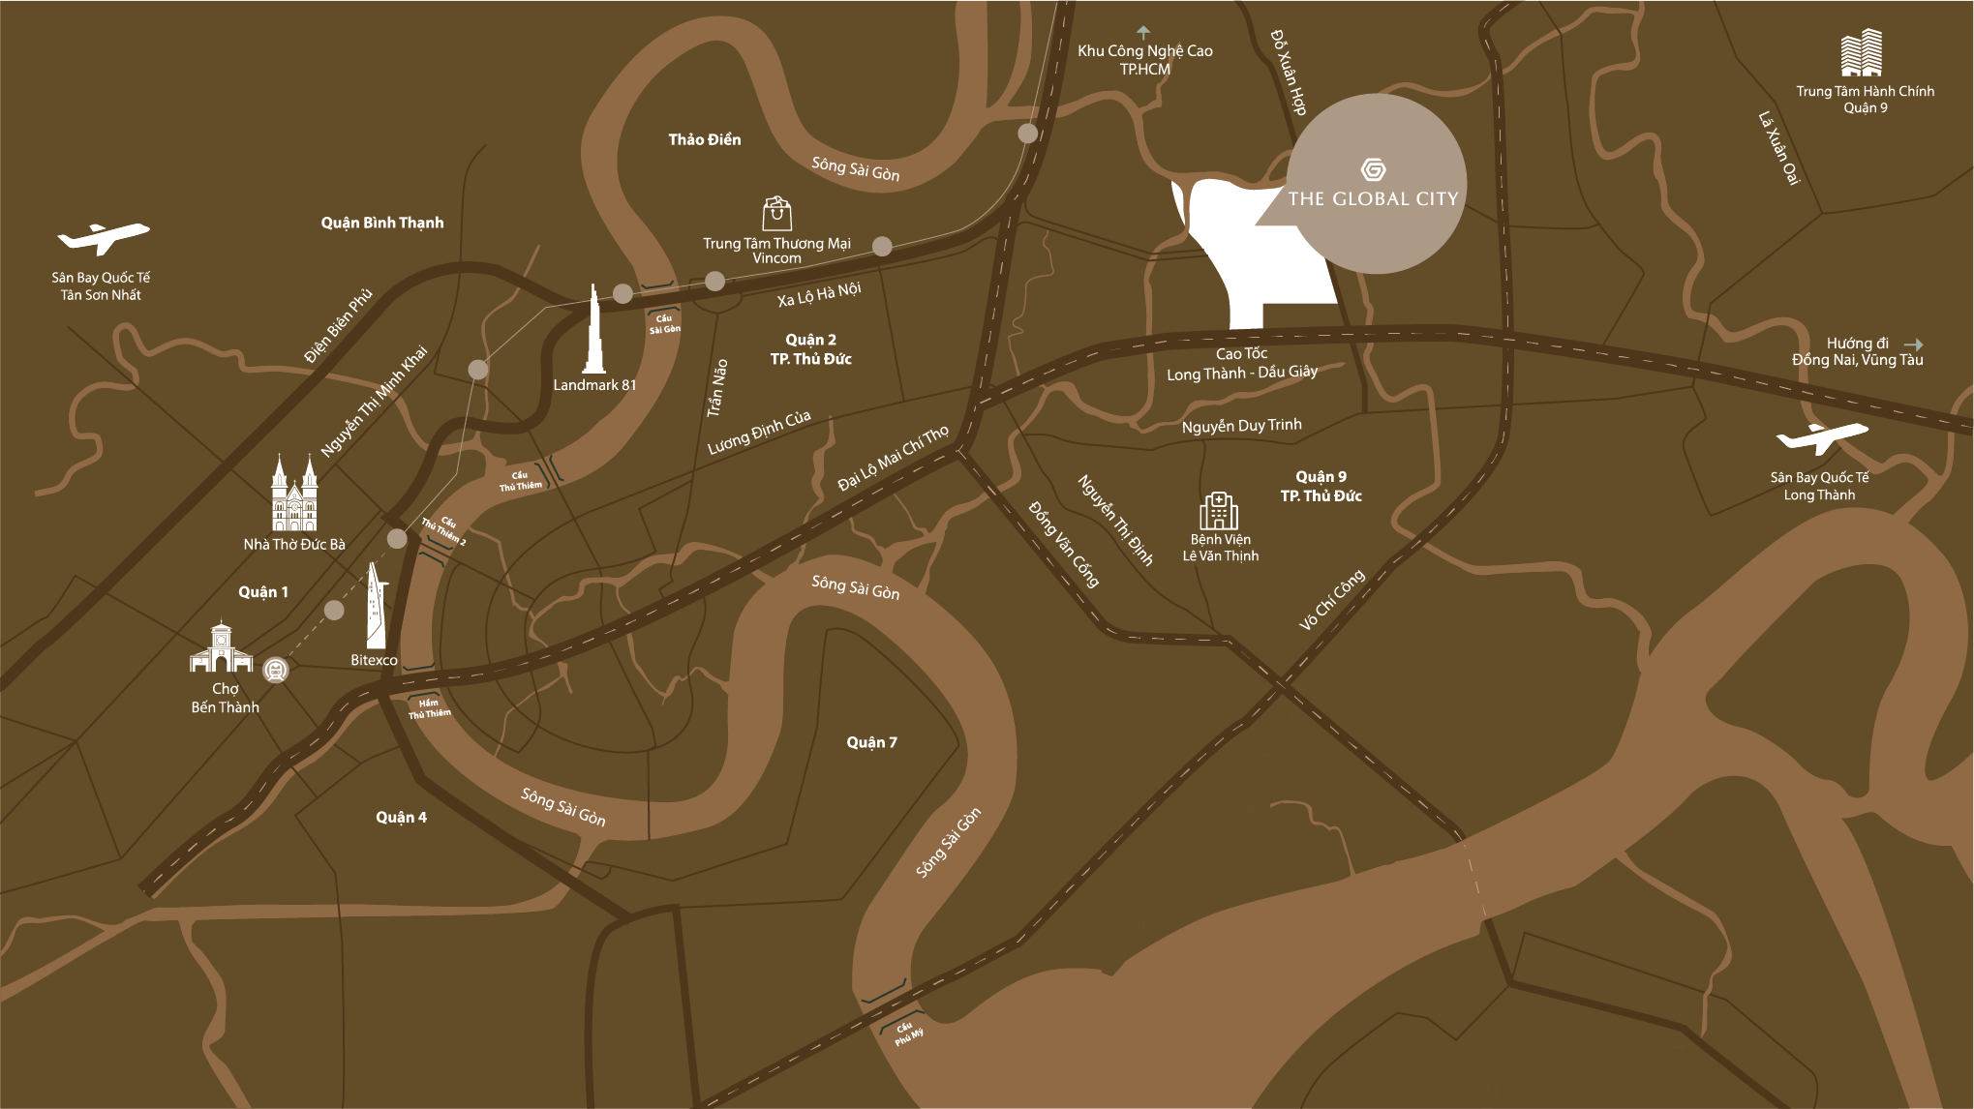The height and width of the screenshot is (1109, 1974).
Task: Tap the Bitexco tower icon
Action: point(376,607)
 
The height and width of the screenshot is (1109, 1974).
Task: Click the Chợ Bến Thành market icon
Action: point(222,648)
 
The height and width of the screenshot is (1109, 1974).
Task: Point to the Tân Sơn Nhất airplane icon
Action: point(103,238)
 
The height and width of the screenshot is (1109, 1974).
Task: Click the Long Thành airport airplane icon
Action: point(1821,438)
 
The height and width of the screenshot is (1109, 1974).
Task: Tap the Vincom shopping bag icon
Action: point(776,213)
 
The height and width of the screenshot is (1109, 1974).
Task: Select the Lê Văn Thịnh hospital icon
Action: point(1219,511)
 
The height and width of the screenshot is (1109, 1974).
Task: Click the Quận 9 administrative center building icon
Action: point(1861,53)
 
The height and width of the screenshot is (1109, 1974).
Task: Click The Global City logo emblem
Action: point(1373,170)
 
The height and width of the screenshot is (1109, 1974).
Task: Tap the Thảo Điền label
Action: point(705,140)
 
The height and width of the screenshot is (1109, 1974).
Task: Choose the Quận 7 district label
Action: point(871,742)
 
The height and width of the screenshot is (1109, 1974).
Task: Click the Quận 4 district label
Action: point(401,818)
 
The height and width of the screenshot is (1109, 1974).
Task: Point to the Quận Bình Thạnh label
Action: point(382,223)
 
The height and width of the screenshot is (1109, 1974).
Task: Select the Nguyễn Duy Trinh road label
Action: point(1241,426)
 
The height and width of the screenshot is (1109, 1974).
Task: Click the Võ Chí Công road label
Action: point(1332,600)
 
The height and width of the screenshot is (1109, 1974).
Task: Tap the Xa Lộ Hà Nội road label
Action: point(819,294)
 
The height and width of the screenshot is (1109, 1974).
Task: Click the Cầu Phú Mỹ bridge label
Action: point(908,1034)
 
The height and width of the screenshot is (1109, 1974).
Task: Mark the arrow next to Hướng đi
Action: point(1913,344)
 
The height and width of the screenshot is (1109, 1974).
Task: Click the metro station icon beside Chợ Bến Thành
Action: point(277,670)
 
